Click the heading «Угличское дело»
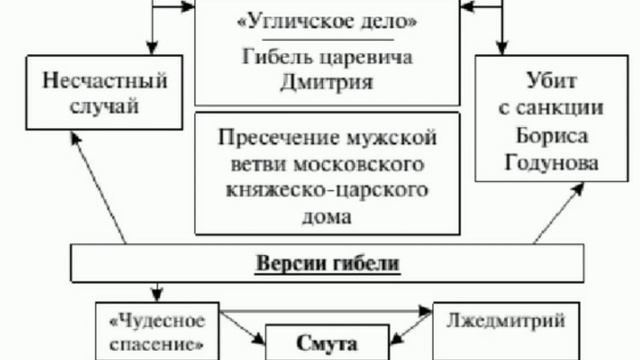pos(319,21)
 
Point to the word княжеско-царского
pos(319,189)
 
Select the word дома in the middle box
pos(319,214)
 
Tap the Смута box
pos(319,343)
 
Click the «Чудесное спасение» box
pos(156,332)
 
